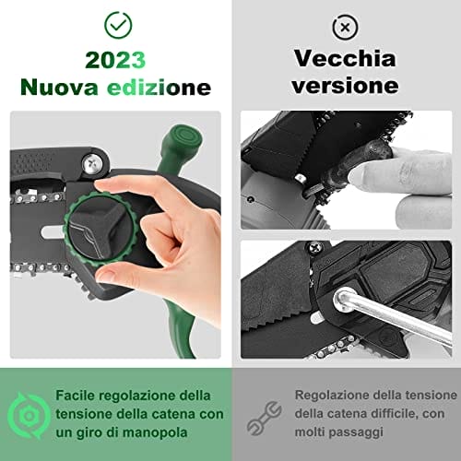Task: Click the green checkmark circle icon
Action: point(118,25)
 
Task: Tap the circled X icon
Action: point(345,28)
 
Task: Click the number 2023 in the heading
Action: point(115,60)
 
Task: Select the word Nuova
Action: point(59,88)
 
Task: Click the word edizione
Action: point(159,88)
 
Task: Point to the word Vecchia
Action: point(345,58)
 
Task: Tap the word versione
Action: point(345,85)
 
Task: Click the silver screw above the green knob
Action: point(92,164)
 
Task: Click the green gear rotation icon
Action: point(29,415)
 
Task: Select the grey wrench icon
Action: point(265,418)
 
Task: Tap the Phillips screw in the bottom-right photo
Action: point(314,248)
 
